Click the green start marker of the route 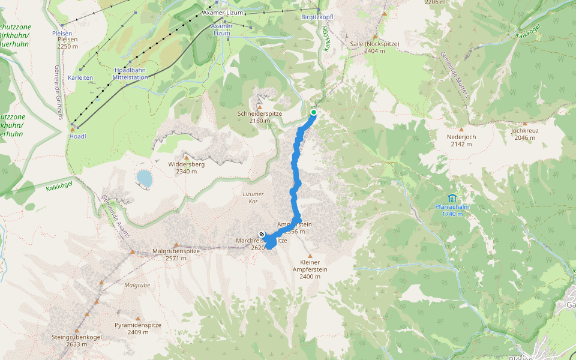tap(314, 112)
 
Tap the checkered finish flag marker tap(262, 233)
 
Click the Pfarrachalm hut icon tap(452, 198)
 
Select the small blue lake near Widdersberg tap(144, 178)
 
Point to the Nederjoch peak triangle tap(461, 129)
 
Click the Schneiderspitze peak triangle tap(260, 106)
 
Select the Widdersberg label tap(187, 167)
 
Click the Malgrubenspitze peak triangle tap(176, 244)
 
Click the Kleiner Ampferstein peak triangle tap(310, 256)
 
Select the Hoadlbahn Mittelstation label tap(131, 73)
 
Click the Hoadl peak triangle tap(73, 130)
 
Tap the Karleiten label tap(80, 78)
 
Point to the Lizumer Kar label tap(253, 197)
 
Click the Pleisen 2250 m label tap(67, 43)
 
